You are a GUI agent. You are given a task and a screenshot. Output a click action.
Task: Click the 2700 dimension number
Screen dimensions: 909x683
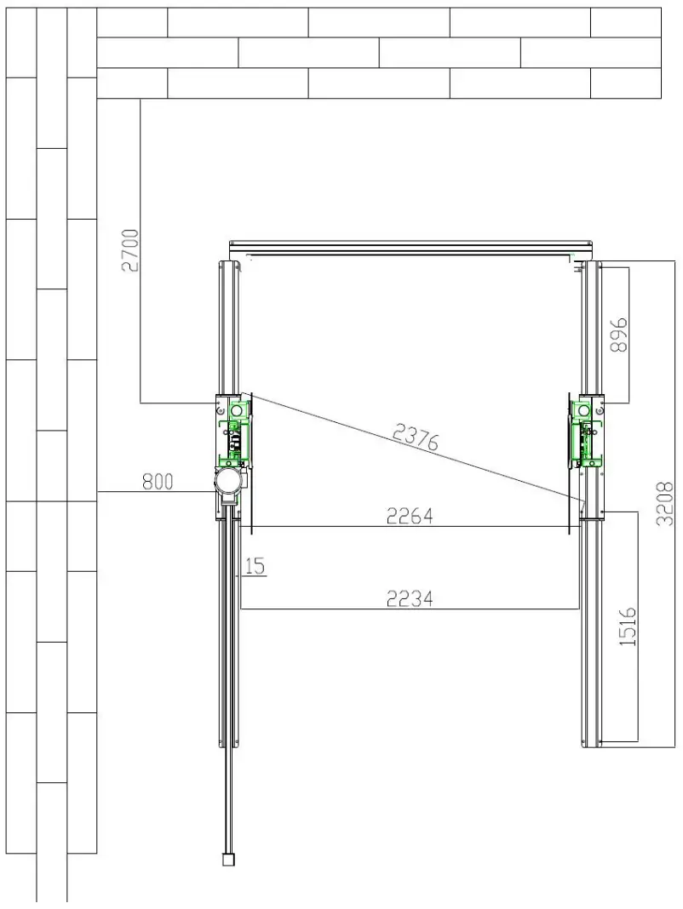[130, 250]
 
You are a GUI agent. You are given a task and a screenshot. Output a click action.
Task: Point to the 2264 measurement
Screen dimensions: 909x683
[410, 516]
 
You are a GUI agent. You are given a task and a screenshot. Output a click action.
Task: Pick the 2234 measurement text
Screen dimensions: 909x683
[410, 598]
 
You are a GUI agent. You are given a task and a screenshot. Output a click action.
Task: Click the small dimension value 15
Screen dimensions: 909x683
[254, 566]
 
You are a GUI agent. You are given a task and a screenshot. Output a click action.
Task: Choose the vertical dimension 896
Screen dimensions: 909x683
[618, 334]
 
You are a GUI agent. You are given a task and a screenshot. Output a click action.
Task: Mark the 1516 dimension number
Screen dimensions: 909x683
[628, 626]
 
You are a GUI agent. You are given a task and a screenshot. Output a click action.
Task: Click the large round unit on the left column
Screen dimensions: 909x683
[229, 483]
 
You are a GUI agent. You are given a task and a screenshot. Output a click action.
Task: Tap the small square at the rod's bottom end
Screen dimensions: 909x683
[227, 860]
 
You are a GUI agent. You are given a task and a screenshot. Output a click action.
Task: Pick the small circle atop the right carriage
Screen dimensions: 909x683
[585, 411]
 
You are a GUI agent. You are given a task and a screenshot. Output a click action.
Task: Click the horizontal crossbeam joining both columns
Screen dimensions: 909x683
[409, 248]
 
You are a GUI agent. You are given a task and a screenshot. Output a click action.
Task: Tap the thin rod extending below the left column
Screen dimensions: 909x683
[228, 681]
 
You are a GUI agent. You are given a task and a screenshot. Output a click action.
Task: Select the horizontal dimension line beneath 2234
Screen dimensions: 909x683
[410, 609]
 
